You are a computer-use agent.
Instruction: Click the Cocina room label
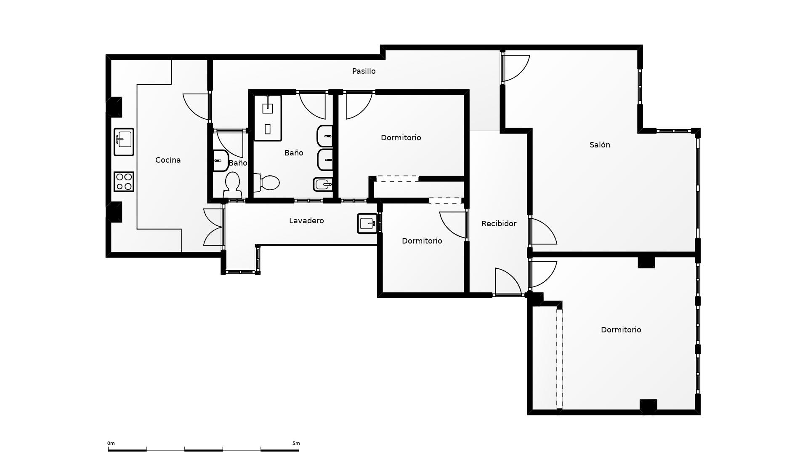[x=168, y=160]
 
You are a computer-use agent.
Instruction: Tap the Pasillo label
[x=364, y=71]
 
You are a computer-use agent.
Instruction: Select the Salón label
[x=600, y=145]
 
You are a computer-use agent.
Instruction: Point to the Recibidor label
[x=499, y=224]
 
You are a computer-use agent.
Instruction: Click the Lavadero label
[x=306, y=221]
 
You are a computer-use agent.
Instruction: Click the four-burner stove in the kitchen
[x=124, y=182]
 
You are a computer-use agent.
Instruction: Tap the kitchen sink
[x=124, y=142]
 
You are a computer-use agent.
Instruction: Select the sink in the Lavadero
[x=367, y=223]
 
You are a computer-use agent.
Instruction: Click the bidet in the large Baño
[x=323, y=184]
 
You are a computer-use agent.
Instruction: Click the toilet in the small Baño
[x=232, y=185]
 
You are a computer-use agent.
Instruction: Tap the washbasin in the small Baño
[x=221, y=161]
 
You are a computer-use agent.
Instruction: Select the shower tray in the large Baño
[x=268, y=118]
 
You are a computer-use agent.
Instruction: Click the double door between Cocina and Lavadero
[x=213, y=227]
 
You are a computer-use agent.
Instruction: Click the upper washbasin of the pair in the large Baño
[x=324, y=136]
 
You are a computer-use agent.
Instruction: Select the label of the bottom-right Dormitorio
[x=621, y=330]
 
